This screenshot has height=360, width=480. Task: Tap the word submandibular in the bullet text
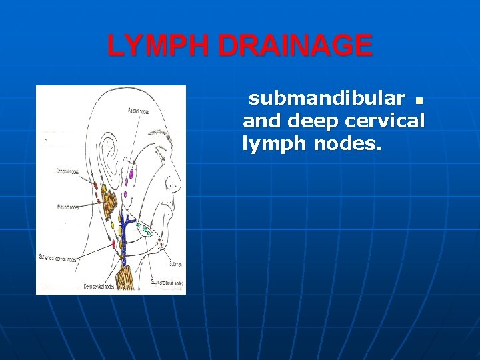(326, 99)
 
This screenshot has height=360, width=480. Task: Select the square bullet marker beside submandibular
(418, 101)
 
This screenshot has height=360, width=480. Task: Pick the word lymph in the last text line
(273, 143)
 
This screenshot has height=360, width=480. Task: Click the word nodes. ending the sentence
(348, 143)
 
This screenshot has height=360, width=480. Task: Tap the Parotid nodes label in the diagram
(138, 111)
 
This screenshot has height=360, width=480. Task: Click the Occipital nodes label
(67, 172)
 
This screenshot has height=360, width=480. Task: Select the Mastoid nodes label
(69, 207)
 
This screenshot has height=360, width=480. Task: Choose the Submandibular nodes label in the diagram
(164, 283)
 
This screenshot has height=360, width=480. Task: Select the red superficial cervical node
(113, 244)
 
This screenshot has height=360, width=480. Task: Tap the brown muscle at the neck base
(126, 277)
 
